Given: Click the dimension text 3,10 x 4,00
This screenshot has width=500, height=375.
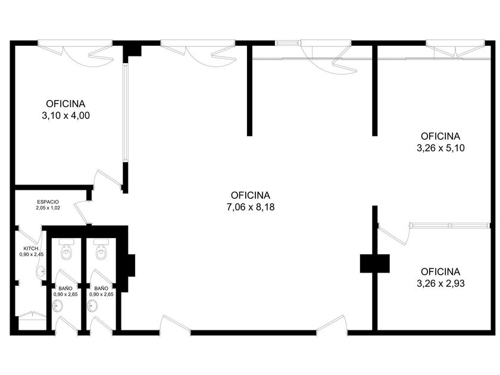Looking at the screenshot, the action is coord(65,115).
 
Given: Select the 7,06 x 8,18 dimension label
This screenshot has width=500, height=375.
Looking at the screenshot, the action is coord(251,207).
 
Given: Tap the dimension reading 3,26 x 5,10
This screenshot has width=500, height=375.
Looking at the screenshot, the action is coord(440,148).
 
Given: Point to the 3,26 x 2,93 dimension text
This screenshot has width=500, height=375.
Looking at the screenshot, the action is coord(440,283).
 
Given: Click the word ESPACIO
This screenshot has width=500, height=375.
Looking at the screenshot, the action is coord(48,202).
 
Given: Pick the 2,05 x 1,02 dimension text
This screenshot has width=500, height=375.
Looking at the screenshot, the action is coord(48,208).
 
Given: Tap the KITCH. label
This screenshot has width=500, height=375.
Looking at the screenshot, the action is coord(31,248).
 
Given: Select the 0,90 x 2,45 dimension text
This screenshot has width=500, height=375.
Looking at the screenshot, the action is coord(32,255).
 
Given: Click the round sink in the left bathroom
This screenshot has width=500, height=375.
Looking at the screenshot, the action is coord(58,306).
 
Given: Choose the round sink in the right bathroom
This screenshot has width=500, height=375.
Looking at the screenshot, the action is coord(92,306).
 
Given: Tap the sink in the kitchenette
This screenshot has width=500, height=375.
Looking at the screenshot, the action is coord(41,272).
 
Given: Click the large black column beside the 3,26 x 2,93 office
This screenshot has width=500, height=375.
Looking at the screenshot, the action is coord(374,263).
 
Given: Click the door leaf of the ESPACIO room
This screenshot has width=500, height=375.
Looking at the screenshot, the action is coord(81,213).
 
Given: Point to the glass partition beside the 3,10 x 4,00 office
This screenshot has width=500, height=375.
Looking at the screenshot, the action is coord(126,113).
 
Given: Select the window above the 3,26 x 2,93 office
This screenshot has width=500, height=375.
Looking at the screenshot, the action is coord(450,226).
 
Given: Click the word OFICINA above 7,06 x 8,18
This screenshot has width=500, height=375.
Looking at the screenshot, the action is coord(251,195).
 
